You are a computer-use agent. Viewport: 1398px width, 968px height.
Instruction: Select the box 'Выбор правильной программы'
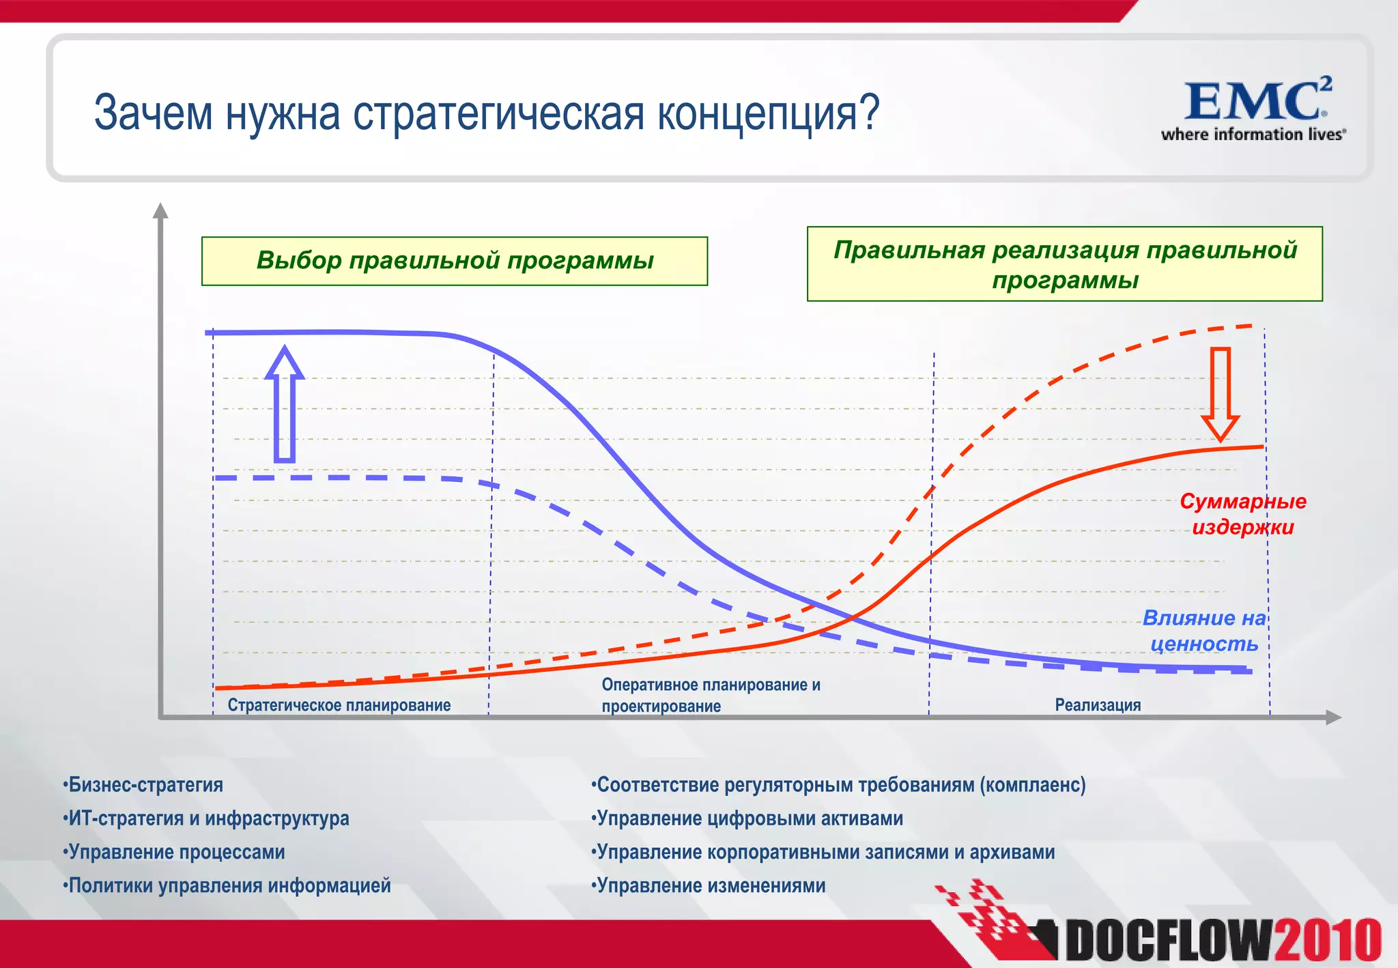tap(455, 261)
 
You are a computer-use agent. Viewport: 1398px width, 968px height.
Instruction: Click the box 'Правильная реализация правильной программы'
tap(1064, 264)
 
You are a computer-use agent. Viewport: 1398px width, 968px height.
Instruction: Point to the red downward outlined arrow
tap(1220, 394)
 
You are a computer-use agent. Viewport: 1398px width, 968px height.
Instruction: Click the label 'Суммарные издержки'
tap(1242, 514)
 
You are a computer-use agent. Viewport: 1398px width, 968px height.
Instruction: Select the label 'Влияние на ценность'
tap(1204, 630)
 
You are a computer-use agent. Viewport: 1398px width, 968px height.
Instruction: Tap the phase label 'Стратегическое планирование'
tap(339, 705)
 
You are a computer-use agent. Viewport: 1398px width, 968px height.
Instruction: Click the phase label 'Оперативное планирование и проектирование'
tap(711, 695)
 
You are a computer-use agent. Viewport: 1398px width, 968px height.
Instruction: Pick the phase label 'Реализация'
tap(1098, 705)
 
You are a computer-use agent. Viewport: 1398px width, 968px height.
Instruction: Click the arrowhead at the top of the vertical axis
tap(160, 210)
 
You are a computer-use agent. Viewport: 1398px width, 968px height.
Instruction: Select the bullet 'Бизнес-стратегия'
tap(143, 785)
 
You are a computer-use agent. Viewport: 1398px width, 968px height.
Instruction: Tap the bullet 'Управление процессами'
tap(174, 852)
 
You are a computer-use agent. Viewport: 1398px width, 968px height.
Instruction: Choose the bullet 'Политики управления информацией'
tap(227, 885)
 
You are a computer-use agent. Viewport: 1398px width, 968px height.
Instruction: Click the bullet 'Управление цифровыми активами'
tap(747, 818)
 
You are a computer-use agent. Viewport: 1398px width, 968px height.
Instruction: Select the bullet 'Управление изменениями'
tap(709, 885)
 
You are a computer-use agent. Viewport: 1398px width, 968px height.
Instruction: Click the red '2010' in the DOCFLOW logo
tap(1328, 941)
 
